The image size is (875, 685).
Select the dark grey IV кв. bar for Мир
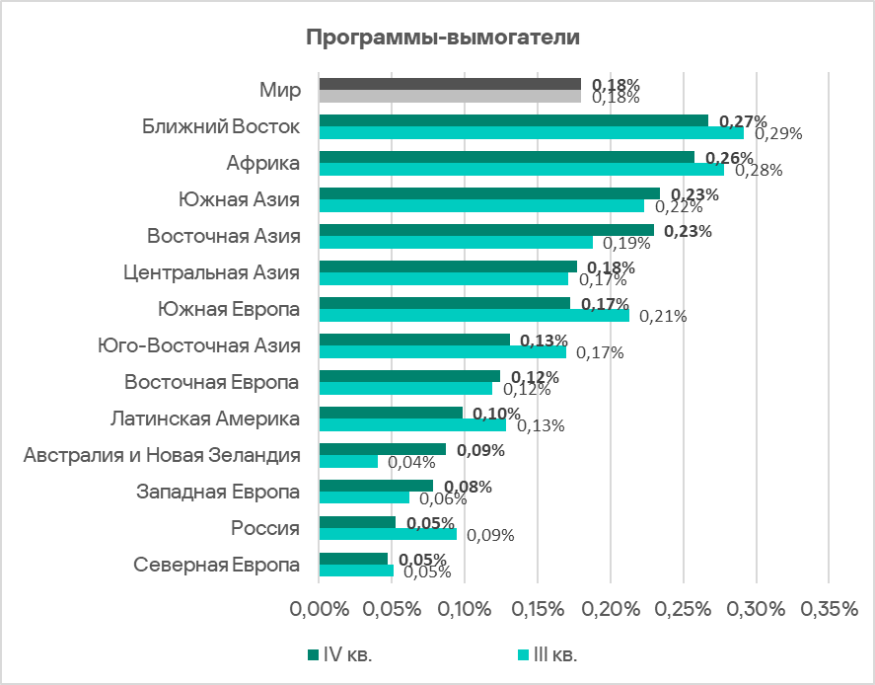450,84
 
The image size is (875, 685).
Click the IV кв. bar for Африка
506,157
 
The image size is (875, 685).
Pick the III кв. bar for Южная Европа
474,316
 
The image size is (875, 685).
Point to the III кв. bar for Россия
388,534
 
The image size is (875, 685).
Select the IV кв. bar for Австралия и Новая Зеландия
382,449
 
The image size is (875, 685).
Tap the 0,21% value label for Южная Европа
663,317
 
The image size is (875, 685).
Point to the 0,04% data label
411,462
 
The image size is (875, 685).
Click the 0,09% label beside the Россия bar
490,536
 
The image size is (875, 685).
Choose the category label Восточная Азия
224,236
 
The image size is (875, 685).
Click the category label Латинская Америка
205,419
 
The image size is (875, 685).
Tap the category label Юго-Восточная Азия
198,345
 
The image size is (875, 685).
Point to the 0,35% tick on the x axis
828,610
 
